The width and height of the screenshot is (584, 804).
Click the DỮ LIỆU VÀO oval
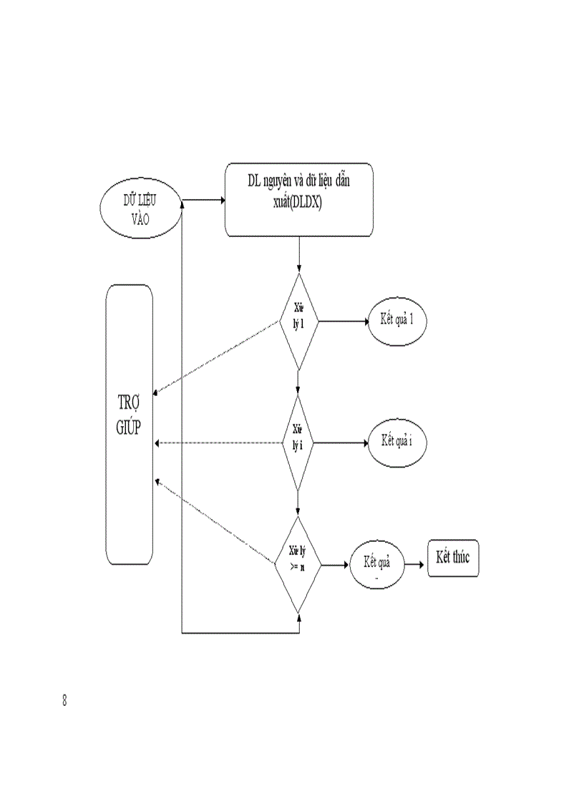pyautogui.click(x=140, y=210)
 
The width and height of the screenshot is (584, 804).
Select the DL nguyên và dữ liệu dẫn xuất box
pyautogui.click(x=298, y=199)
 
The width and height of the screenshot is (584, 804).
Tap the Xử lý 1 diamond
pyautogui.click(x=298, y=321)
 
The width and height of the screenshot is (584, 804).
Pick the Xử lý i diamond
pyautogui.click(x=298, y=442)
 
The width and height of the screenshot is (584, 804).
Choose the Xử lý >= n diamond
pyautogui.click(x=298, y=564)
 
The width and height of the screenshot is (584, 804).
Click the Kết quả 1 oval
pyautogui.click(x=399, y=321)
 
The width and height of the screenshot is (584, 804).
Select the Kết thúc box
pyautogui.click(x=452, y=559)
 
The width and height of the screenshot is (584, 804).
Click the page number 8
pyautogui.click(x=65, y=701)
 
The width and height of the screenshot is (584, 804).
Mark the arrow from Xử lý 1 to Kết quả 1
pyautogui.click(x=342, y=321)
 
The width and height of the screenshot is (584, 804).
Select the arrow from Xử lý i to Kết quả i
pyautogui.click(x=342, y=442)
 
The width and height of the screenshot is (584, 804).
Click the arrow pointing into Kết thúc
pyautogui.click(x=415, y=564)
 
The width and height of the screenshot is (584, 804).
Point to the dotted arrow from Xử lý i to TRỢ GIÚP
pyautogui.click(x=218, y=443)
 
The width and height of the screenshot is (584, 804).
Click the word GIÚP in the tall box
pyautogui.click(x=129, y=427)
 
